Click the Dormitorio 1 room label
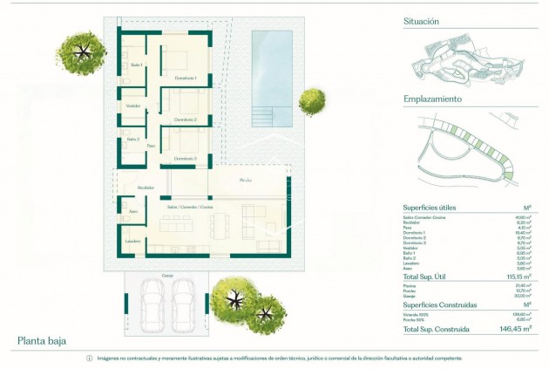click(186, 79)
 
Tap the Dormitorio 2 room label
click(186, 119)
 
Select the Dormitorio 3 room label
click(184, 158)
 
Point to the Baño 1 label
click(135, 65)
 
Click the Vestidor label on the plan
click(133, 106)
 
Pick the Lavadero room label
click(132, 242)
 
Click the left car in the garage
click(152, 305)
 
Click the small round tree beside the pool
click(311, 102)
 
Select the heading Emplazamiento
click(432, 99)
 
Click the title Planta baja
click(42, 341)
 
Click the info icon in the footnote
click(89, 359)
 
